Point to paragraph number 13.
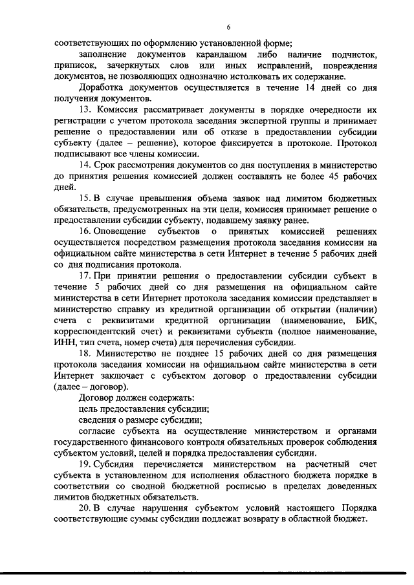[84, 110]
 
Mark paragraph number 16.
[84, 231]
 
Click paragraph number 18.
[84, 352]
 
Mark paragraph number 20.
[85, 507]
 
